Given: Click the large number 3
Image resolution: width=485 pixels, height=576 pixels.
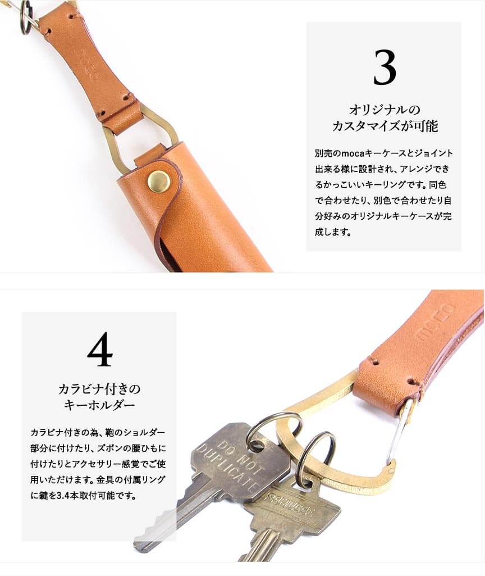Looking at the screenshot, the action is (385, 67).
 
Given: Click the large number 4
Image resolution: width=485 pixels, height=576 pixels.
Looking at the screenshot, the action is (100, 349).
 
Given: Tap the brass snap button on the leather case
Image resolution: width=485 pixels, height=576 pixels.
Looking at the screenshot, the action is (158, 181).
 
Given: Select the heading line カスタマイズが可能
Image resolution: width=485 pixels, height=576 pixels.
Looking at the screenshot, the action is (385, 126).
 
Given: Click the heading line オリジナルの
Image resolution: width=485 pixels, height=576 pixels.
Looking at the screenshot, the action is (385, 110).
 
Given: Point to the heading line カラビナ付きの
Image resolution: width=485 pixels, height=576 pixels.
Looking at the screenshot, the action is (99, 389).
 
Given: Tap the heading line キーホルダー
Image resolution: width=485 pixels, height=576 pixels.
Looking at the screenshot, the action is (99, 406).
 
